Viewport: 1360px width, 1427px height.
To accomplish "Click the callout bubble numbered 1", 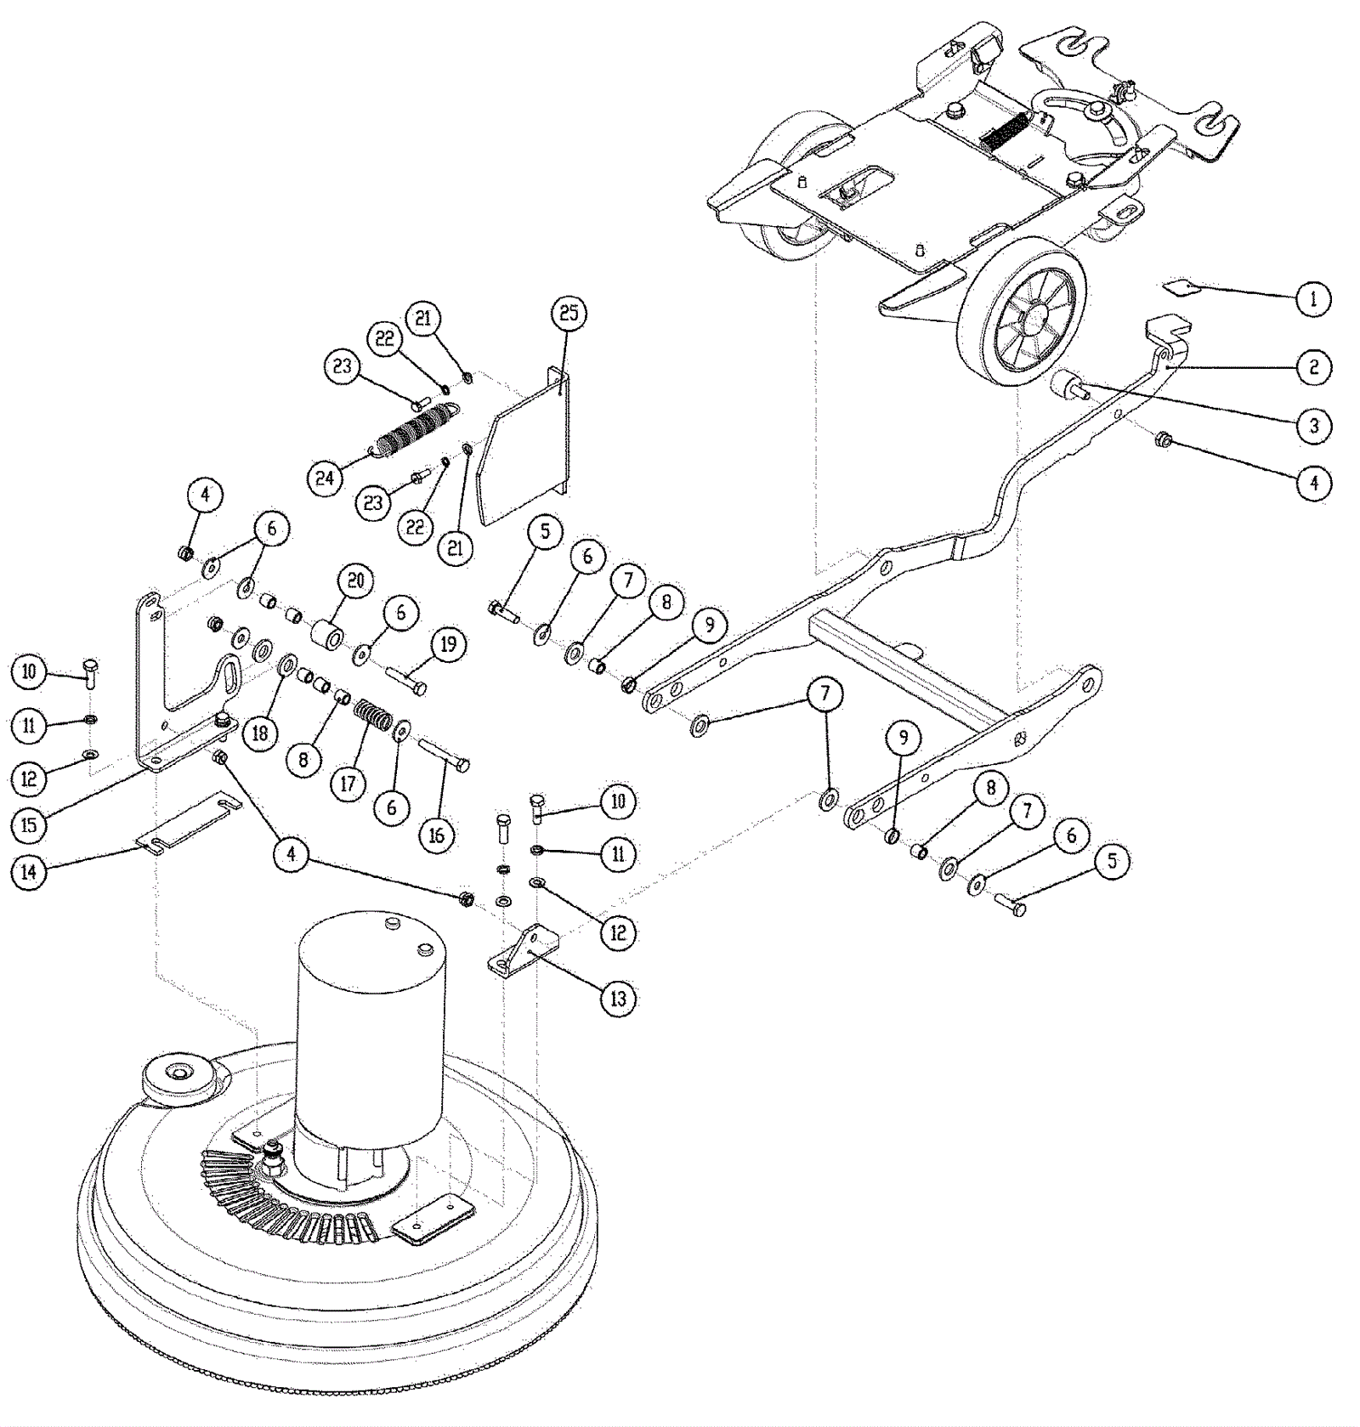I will [x=1313, y=298].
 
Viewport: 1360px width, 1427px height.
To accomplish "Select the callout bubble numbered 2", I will [x=1313, y=367].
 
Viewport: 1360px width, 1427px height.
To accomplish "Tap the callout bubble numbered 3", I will [x=1313, y=425].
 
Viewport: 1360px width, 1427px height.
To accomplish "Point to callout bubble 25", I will [x=569, y=313].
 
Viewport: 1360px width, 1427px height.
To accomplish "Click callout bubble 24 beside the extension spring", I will [x=326, y=478].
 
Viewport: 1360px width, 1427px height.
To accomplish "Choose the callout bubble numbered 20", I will [x=355, y=580].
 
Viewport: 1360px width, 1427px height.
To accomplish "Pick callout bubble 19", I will [x=448, y=644].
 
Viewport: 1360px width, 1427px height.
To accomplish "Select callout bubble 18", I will [x=260, y=732].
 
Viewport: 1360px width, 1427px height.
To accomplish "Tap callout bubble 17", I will [x=348, y=782].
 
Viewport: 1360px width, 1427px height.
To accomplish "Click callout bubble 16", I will [x=436, y=835].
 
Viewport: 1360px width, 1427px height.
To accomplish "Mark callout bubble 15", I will [x=30, y=824].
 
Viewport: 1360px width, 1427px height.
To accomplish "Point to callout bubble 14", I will [x=30, y=873].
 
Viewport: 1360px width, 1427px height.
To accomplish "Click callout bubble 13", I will [x=618, y=998].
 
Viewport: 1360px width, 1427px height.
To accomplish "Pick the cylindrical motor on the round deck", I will [x=371, y=1045].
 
